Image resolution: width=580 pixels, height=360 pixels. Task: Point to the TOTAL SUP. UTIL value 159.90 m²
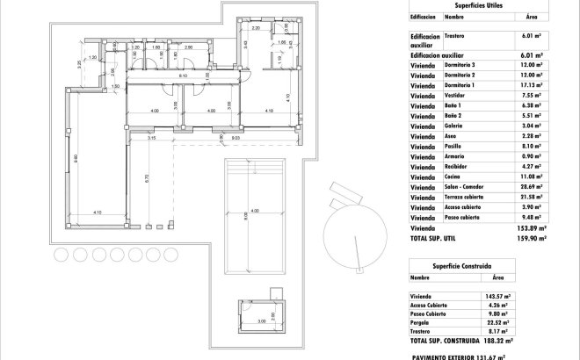[532, 237]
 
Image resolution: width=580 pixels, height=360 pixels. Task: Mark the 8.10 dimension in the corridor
[183, 76]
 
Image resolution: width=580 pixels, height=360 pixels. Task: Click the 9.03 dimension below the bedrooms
[236, 138]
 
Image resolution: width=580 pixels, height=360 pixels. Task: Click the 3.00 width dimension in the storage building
[261, 323]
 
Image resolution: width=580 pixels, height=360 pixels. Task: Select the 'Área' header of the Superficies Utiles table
[531, 17]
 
